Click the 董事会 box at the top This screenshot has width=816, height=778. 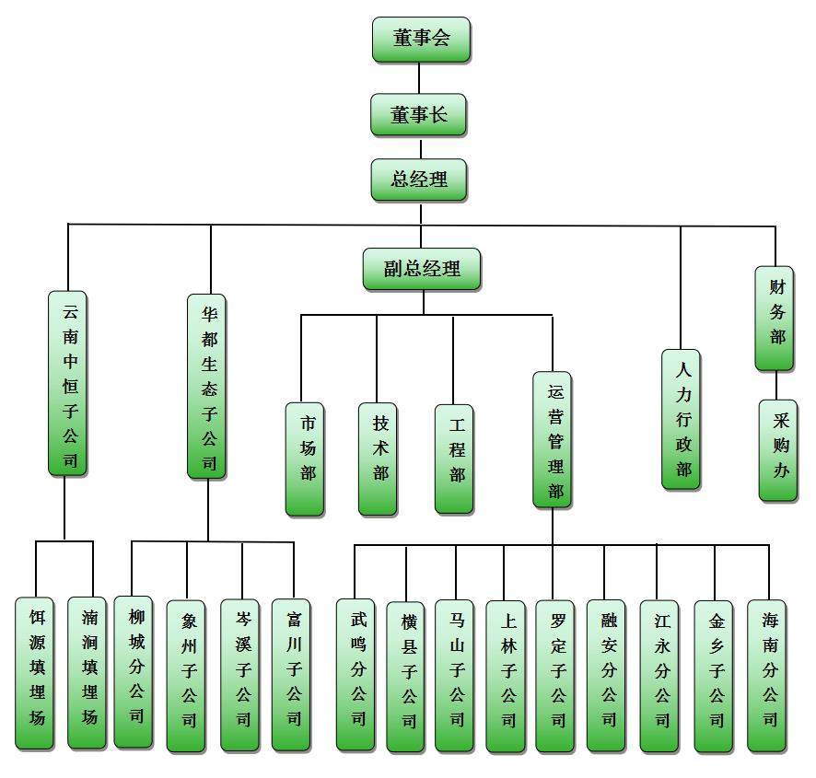tap(421, 40)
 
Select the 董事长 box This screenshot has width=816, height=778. tap(419, 115)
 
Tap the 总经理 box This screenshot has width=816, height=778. tap(419, 180)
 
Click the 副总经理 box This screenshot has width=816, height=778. tap(422, 269)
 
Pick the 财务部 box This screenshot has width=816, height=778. tap(775, 319)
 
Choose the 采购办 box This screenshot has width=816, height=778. tap(778, 449)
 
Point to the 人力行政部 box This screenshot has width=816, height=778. tap(682, 419)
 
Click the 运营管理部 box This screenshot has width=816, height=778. tap(553, 440)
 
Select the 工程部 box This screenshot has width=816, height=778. tap(454, 459)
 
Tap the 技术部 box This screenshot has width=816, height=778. tap(378, 458)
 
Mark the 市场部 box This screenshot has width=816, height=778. tap(305, 459)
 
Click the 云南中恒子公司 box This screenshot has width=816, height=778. tap(68, 383)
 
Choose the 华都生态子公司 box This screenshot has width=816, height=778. tap(207, 386)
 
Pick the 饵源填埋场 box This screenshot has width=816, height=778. tap(35, 672)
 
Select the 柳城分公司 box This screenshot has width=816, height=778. tap(134, 671)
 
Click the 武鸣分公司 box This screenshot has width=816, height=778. tap(356, 674)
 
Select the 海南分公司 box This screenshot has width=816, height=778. tap(767, 676)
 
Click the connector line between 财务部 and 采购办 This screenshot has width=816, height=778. tap(775, 385)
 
